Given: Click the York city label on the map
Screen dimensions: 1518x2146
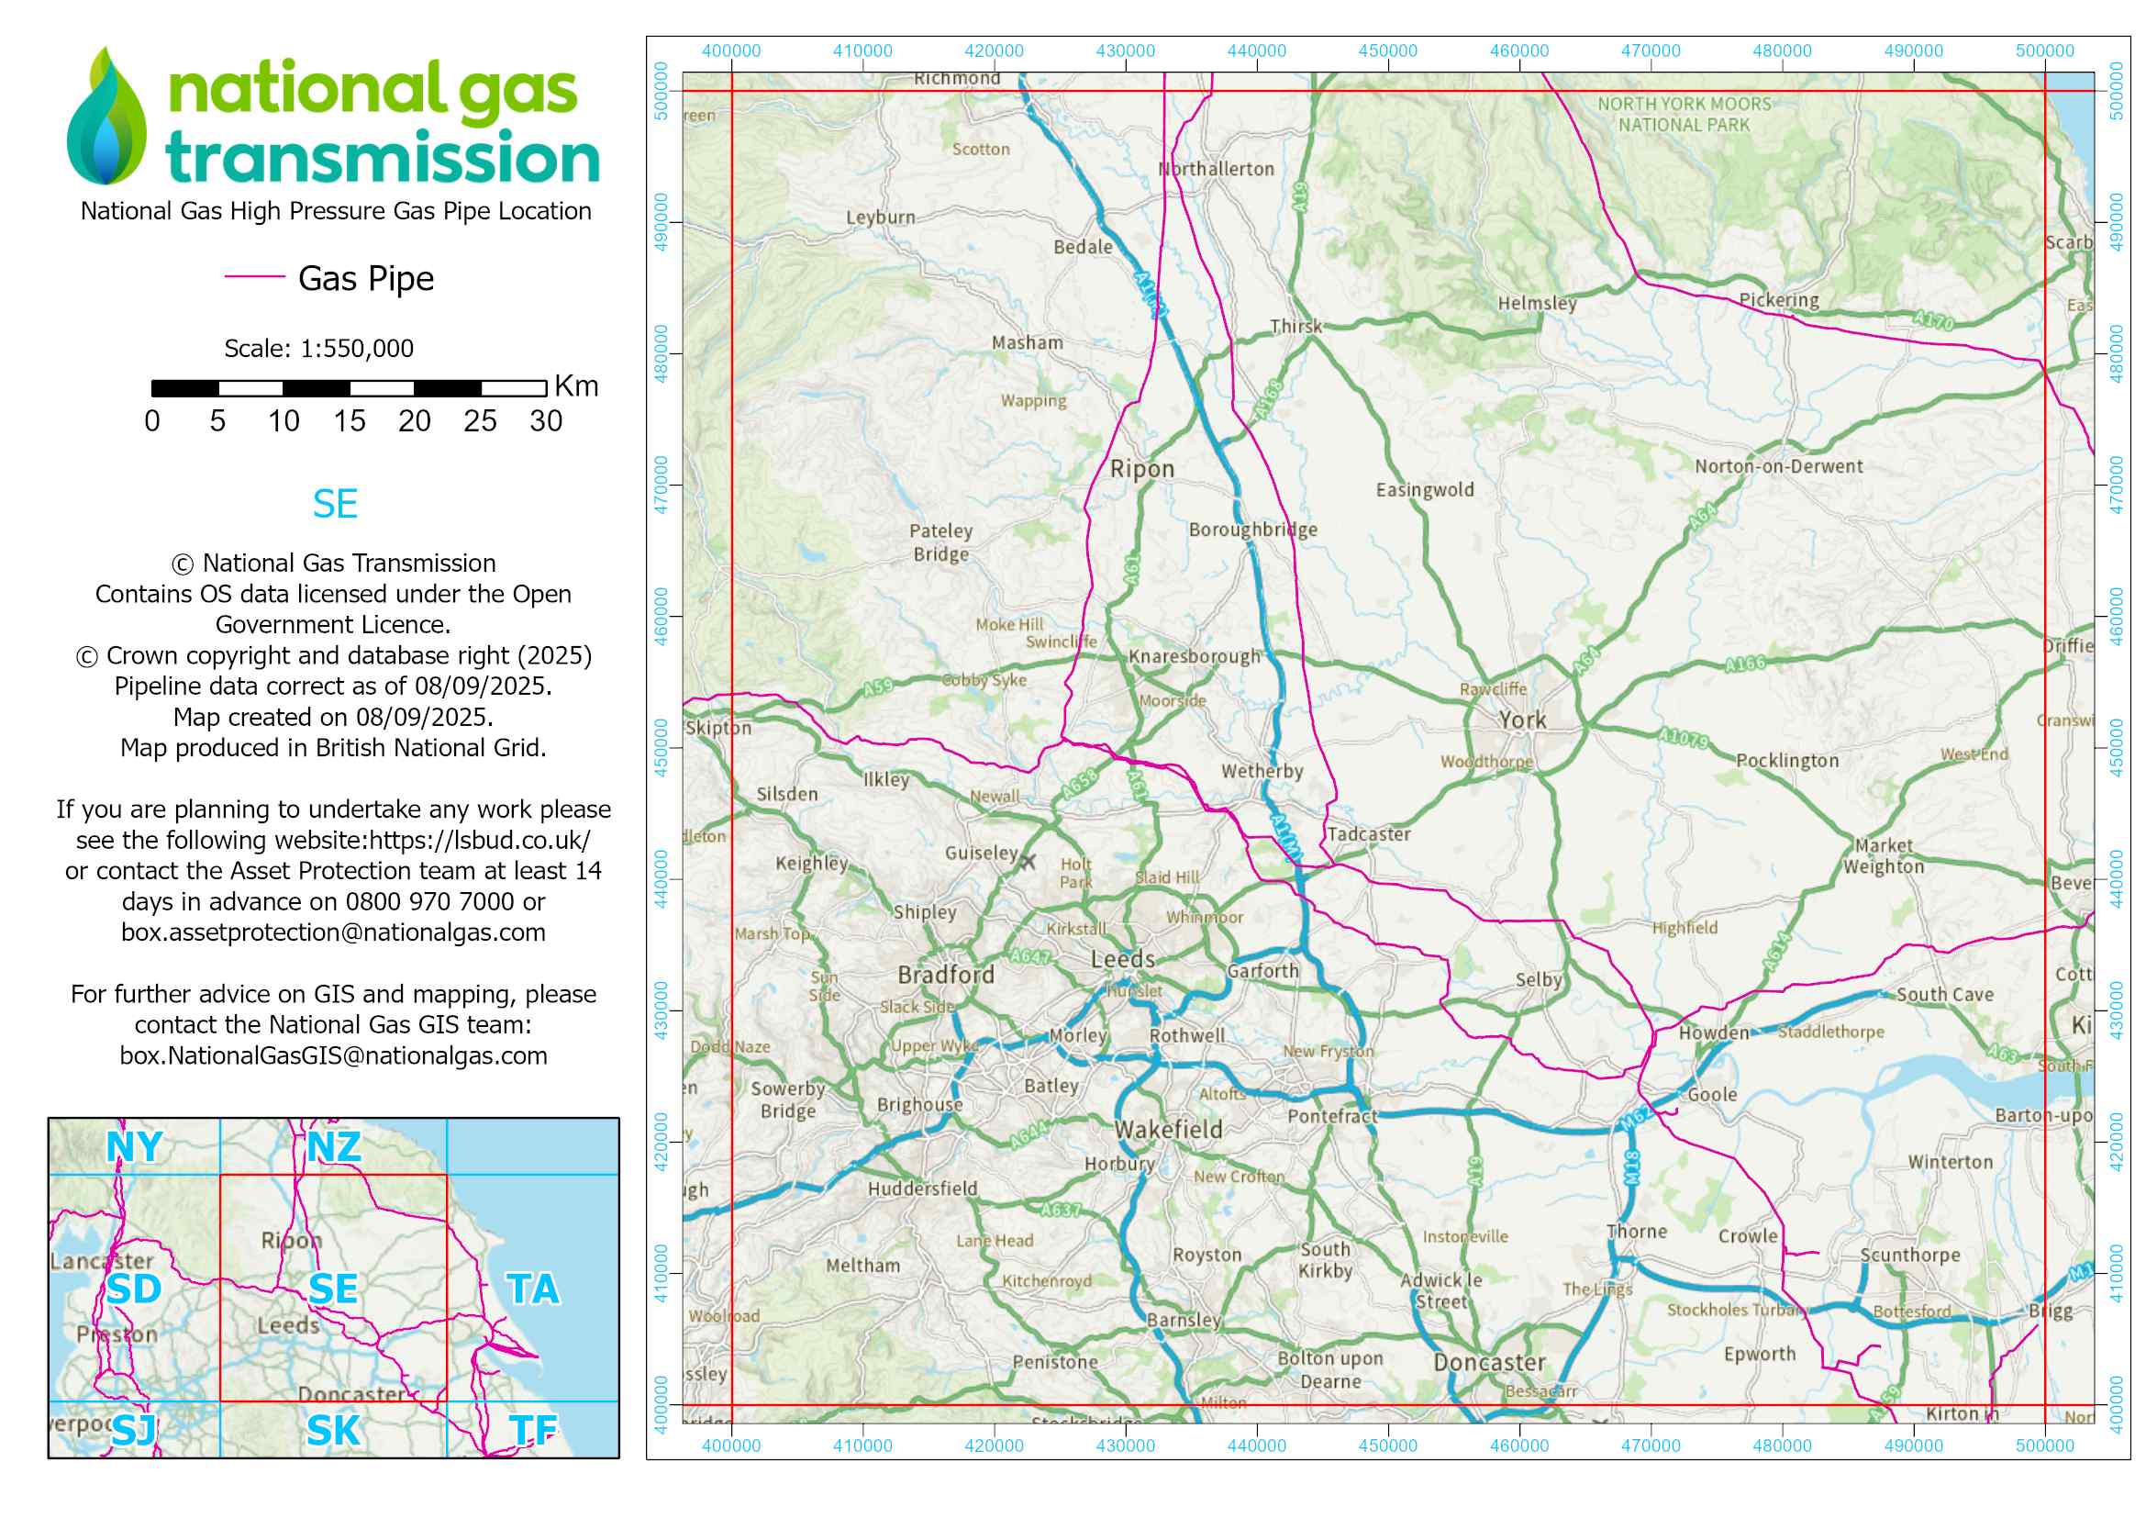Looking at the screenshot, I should pos(1523,720).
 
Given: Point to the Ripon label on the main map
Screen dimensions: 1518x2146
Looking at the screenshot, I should pos(1141,469).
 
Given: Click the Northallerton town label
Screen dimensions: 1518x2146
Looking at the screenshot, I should pos(1216,169).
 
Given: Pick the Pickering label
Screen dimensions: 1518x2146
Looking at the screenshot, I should pos(1779,300).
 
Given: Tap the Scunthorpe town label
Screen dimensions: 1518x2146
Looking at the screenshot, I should pos(1909,1255).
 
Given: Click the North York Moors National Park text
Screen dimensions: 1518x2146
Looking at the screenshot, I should pos(1684,114).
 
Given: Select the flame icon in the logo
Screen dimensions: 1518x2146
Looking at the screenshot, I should pos(106,117).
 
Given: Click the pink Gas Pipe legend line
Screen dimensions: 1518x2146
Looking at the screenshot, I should pos(254,276).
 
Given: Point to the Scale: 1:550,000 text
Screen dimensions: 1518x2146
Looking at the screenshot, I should pos(318,349).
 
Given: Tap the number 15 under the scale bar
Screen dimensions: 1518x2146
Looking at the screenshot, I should pos(349,421).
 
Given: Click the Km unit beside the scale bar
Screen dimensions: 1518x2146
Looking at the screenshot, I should pos(576,386).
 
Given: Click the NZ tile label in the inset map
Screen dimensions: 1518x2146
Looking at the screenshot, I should pos(334,1147).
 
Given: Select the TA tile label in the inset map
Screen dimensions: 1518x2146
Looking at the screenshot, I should pos(533,1289).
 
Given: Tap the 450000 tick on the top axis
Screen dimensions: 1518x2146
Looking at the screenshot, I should pos(1387,51).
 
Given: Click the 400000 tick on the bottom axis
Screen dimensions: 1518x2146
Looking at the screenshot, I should pos(731,1445).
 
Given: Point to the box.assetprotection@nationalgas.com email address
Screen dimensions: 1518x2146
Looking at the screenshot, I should pos(333,932).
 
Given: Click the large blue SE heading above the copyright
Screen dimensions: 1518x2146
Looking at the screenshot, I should pos(335,505).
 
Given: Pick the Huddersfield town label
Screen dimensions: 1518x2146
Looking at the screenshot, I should pos(921,1188).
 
